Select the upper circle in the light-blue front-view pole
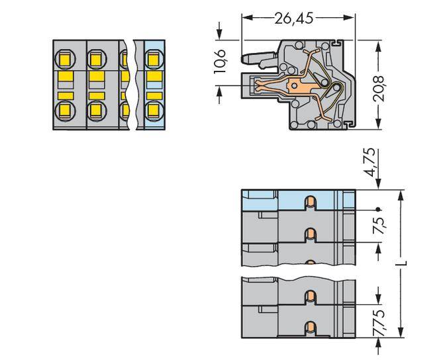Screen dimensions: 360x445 coord(152,60)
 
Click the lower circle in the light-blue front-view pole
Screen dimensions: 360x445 coord(152,109)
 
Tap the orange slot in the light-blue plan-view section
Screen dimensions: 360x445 coord(309,201)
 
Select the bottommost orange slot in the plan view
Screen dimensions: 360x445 coord(309,326)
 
